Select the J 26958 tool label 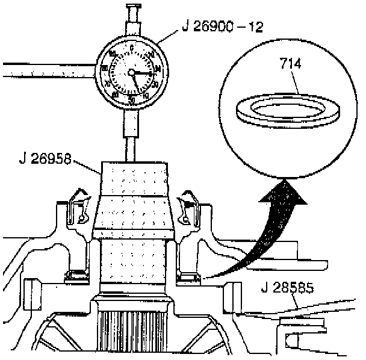point(45,160)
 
